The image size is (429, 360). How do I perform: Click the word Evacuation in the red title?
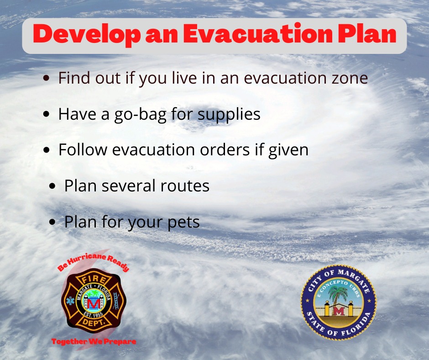point(257,34)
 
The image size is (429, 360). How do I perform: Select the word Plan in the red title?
point(367,34)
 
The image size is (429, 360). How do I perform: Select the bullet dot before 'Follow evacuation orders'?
point(47,150)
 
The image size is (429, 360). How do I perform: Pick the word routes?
point(185,186)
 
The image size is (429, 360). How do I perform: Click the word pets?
point(183,222)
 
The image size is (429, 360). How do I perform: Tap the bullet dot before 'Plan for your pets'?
point(52,222)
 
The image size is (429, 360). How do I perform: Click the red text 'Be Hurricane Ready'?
point(93,262)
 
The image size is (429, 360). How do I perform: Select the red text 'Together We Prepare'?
point(94,341)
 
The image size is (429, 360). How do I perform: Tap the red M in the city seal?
point(339,312)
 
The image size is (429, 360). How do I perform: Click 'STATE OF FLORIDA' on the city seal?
point(339,326)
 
